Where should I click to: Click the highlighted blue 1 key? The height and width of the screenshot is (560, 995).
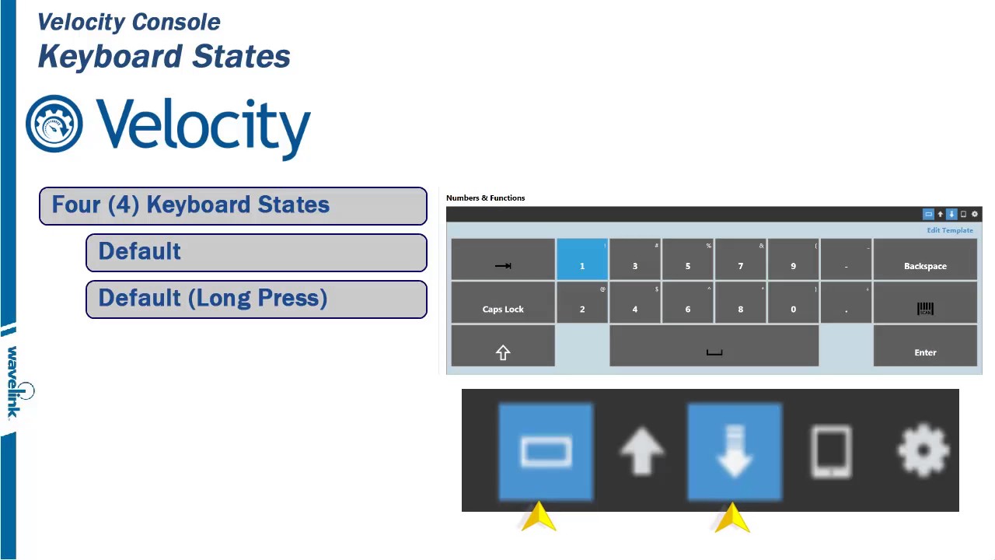581,260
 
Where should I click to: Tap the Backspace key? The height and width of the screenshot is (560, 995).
925,260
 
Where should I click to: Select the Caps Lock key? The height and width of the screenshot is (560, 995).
503,303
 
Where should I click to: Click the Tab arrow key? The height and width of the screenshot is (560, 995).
503,260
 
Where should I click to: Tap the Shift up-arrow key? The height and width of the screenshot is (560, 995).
503,346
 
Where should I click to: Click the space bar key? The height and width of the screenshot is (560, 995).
714,346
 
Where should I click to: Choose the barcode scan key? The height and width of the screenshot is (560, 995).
925,303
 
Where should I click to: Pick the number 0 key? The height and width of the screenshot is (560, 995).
793,303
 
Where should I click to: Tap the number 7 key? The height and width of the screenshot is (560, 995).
740,260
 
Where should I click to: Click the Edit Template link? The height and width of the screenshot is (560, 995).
949,230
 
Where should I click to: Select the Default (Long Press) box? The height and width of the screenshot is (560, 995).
256,299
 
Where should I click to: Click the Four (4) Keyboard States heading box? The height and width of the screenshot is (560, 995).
232,205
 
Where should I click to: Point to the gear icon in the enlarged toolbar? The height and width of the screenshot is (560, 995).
923,450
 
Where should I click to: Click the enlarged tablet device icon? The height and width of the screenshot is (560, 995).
831,450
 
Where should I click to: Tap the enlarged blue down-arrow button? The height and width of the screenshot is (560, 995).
735,450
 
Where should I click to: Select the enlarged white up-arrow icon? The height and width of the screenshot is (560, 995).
641,450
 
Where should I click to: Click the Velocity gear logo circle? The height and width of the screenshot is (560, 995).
54,124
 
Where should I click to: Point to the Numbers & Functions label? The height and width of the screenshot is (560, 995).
485,198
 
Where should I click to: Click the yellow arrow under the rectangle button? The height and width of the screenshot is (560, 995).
539,517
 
